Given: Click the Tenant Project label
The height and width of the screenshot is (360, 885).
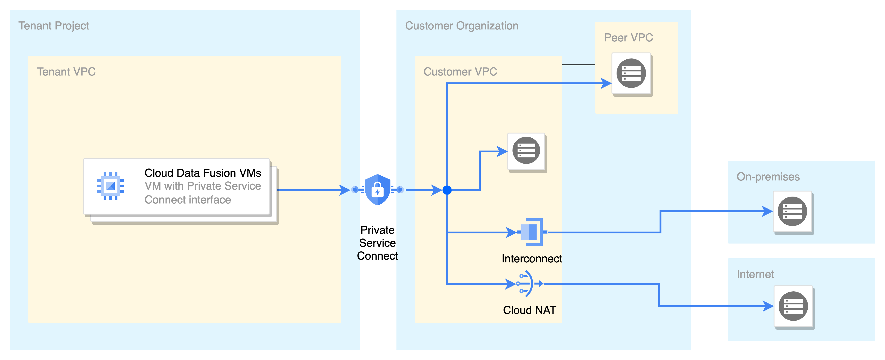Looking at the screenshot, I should click(x=54, y=26).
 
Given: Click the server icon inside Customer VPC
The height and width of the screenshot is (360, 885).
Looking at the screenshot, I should click(x=526, y=151).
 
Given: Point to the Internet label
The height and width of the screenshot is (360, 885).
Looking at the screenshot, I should click(x=755, y=274).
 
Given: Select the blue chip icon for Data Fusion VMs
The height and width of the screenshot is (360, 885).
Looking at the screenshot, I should click(x=110, y=186).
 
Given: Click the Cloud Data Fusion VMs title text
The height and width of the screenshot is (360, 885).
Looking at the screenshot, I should click(x=202, y=173).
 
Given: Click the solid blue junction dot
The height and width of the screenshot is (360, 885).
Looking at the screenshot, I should click(x=447, y=190).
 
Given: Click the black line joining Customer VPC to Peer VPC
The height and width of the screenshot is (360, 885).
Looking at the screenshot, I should click(x=579, y=65).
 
